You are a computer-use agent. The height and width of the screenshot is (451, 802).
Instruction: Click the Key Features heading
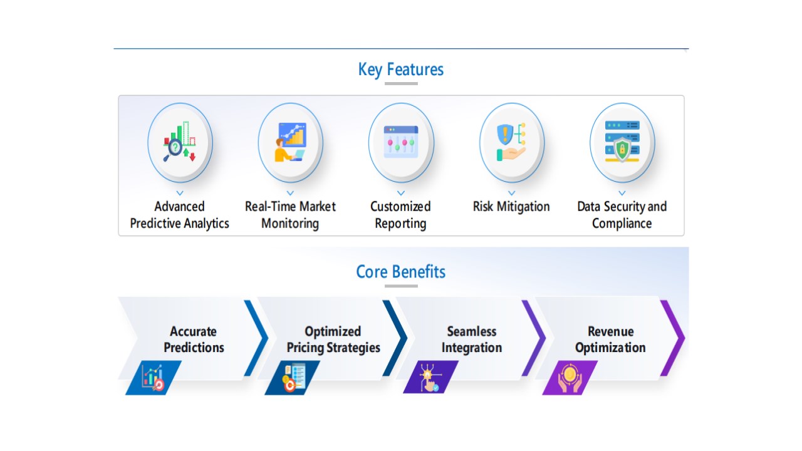(400, 70)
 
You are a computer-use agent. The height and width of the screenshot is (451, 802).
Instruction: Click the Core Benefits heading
(400, 272)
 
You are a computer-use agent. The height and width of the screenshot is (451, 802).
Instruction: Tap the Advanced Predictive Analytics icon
(180, 142)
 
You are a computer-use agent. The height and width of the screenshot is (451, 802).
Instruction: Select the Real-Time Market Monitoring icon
(290, 142)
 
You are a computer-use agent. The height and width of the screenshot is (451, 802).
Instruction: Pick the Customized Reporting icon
(401, 142)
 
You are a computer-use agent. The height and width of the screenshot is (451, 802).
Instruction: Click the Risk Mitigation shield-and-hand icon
(511, 142)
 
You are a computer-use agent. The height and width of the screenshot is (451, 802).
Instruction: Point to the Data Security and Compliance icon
(622, 142)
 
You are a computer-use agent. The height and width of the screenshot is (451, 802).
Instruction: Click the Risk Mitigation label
(511, 207)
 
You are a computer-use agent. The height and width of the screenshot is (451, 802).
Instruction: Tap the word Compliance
(622, 224)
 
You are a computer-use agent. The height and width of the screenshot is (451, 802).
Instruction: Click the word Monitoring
(290, 224)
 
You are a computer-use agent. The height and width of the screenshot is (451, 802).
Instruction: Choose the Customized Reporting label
(400, 215)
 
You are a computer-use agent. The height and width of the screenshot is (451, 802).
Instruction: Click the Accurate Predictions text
(194, 340)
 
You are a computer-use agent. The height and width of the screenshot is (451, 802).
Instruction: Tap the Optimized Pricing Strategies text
(333, 340)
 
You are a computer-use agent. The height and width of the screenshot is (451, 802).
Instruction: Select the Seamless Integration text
(472, 340)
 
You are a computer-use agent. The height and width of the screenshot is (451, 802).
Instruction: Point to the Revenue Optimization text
(610, 340)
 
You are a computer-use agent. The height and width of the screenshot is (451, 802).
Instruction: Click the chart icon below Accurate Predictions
(154, 378)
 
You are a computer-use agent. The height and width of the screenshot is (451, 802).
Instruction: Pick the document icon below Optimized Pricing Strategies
(293, 378)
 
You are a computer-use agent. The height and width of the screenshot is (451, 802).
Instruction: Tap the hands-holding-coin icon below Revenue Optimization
(570, 378)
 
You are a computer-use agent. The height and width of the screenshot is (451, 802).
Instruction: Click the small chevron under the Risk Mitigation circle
(512, 193)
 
